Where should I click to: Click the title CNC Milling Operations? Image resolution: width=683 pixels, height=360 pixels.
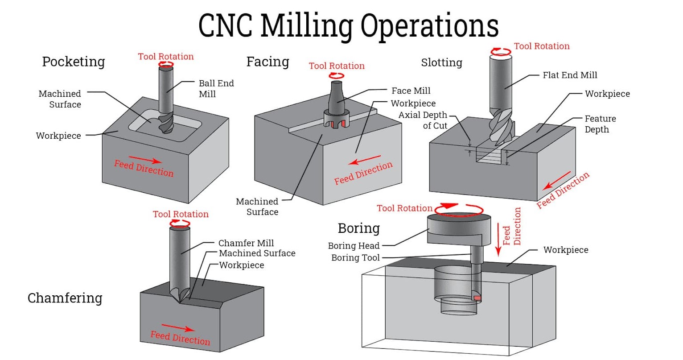pyautogui.click(x=348, y=25)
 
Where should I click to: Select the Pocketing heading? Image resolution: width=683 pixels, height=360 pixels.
pyautogui.click(x=74, y=62)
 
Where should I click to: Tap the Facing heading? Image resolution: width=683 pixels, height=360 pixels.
pyautogui.click(x=267, y=62)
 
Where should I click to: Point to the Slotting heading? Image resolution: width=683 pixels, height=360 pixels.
pyautogui.click(x=441, y=62)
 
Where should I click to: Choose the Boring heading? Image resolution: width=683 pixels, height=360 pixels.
pyautogui.click(x=358, y=228)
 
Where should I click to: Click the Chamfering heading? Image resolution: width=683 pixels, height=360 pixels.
pyautogui.click(x=65, y=298)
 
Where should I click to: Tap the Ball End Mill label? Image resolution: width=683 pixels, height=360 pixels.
pyautogui.click(x=216, y=88)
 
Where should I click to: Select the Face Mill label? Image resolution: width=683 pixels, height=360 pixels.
pyautogui.click(x=411, y=91)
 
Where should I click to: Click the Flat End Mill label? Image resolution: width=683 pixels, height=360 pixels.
pyautogui.click(x=570, y=75)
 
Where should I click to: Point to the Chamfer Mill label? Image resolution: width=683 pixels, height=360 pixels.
pyautogui.click(x=246, y=243)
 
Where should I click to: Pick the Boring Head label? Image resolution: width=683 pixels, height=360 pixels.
pyautogui.click(x=354, y=246)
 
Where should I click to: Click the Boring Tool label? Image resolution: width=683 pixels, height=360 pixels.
pyautogui.click(x=355, y=257)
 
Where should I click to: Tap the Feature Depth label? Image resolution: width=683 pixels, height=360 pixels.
pyautogui.click(x=600, y=124)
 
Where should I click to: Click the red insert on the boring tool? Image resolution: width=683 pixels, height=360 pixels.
pyautogui.click(x=477, y=298)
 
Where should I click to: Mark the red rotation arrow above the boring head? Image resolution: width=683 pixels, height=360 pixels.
pyautogui.click(x=459, y=209)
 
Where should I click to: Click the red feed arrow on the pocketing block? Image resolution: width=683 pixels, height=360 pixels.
pyautogui.click(x=145, y=160)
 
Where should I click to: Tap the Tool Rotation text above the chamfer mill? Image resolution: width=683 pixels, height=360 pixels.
pyautogui.click(x=181, y=214)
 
